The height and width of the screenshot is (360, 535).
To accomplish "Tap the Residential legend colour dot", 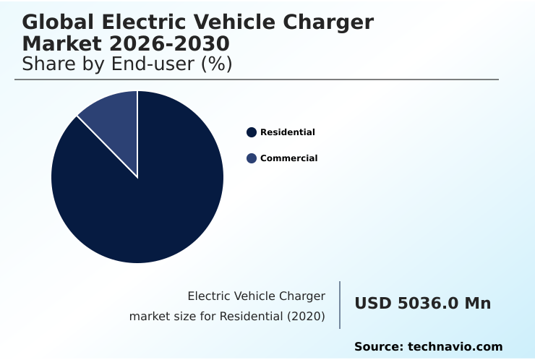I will (x=252, y=132).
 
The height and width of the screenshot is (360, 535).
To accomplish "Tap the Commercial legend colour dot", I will (x=252, y=158).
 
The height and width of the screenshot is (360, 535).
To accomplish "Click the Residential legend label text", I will (x=288, y=132).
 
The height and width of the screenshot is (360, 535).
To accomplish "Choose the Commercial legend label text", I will (x=289, y=158).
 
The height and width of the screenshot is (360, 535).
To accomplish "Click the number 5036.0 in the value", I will (x=427, y=304).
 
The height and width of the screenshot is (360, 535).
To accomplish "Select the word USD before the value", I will (x=373, y=304).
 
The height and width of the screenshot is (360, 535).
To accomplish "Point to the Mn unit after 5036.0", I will (x=477, y=304).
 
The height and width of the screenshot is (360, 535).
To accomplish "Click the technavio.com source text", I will (x=455, y=347).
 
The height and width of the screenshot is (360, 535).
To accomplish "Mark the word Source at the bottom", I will (x=378, y=347).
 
